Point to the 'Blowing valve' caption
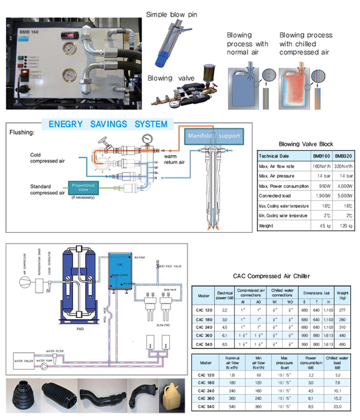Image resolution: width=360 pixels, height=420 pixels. point(169,77)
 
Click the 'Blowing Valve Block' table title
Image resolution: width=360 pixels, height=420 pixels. point(305,145)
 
